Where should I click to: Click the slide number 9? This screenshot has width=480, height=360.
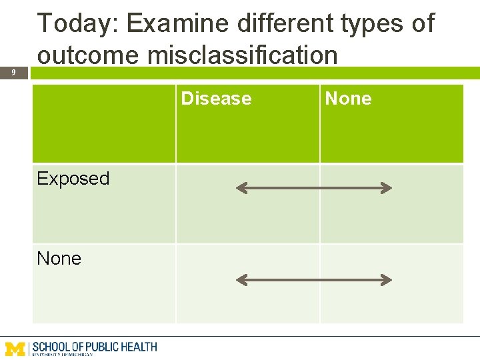pyautogui.click(x=13, y=72)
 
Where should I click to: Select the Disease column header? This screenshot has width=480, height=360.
pyautogui.click(x=217, y=99)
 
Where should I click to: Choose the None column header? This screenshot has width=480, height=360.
pyautogui.click(x=348, y=99)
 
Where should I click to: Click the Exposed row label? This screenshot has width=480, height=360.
pyautogui.click(x=73, y=179)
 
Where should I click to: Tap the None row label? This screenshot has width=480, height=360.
pyautogui.click(x=59, y=259)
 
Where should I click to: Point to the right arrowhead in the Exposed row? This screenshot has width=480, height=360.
pyautogui.click(x=386, y=189)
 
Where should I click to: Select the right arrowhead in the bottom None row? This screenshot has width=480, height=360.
pyautogui.click(x=386, y=280)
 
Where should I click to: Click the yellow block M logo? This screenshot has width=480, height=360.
pyautogui.click(x=16, y=348)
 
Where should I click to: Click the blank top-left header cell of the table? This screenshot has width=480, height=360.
pyautogui.click(x=104, y=124)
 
